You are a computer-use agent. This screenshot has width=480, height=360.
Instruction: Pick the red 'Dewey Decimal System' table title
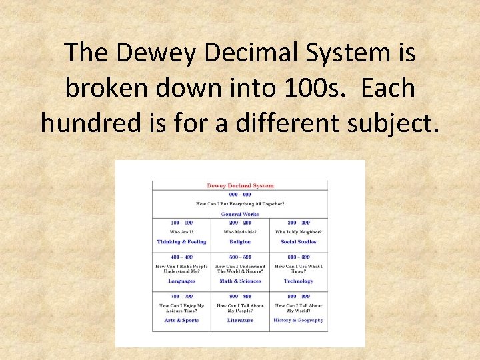point(240,185)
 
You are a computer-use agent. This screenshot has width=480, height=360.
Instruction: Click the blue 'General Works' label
point(240,214)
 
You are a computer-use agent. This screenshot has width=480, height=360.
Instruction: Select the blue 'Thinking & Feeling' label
point(181,242)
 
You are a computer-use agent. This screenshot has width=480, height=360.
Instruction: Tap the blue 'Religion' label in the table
point(240,242)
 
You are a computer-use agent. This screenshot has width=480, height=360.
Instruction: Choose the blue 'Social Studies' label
point(298,242)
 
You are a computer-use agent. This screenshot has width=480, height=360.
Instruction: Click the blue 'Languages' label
point(181,281)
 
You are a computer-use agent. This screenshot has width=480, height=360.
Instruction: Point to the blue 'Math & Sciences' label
point(240,281)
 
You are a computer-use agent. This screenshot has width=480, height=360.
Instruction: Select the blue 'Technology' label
point(298,281)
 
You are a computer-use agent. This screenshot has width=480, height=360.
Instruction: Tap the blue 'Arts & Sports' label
point(181,320)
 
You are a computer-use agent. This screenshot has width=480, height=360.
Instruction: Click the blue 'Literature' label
point(240,320)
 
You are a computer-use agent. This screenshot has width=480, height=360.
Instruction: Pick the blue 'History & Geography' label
point(298,320)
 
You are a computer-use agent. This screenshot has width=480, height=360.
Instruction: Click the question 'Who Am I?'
point(181,232)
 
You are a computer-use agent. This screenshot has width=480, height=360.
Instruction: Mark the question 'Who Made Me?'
point(240,232)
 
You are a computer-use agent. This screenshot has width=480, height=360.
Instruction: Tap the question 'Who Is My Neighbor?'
point(298,232)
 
